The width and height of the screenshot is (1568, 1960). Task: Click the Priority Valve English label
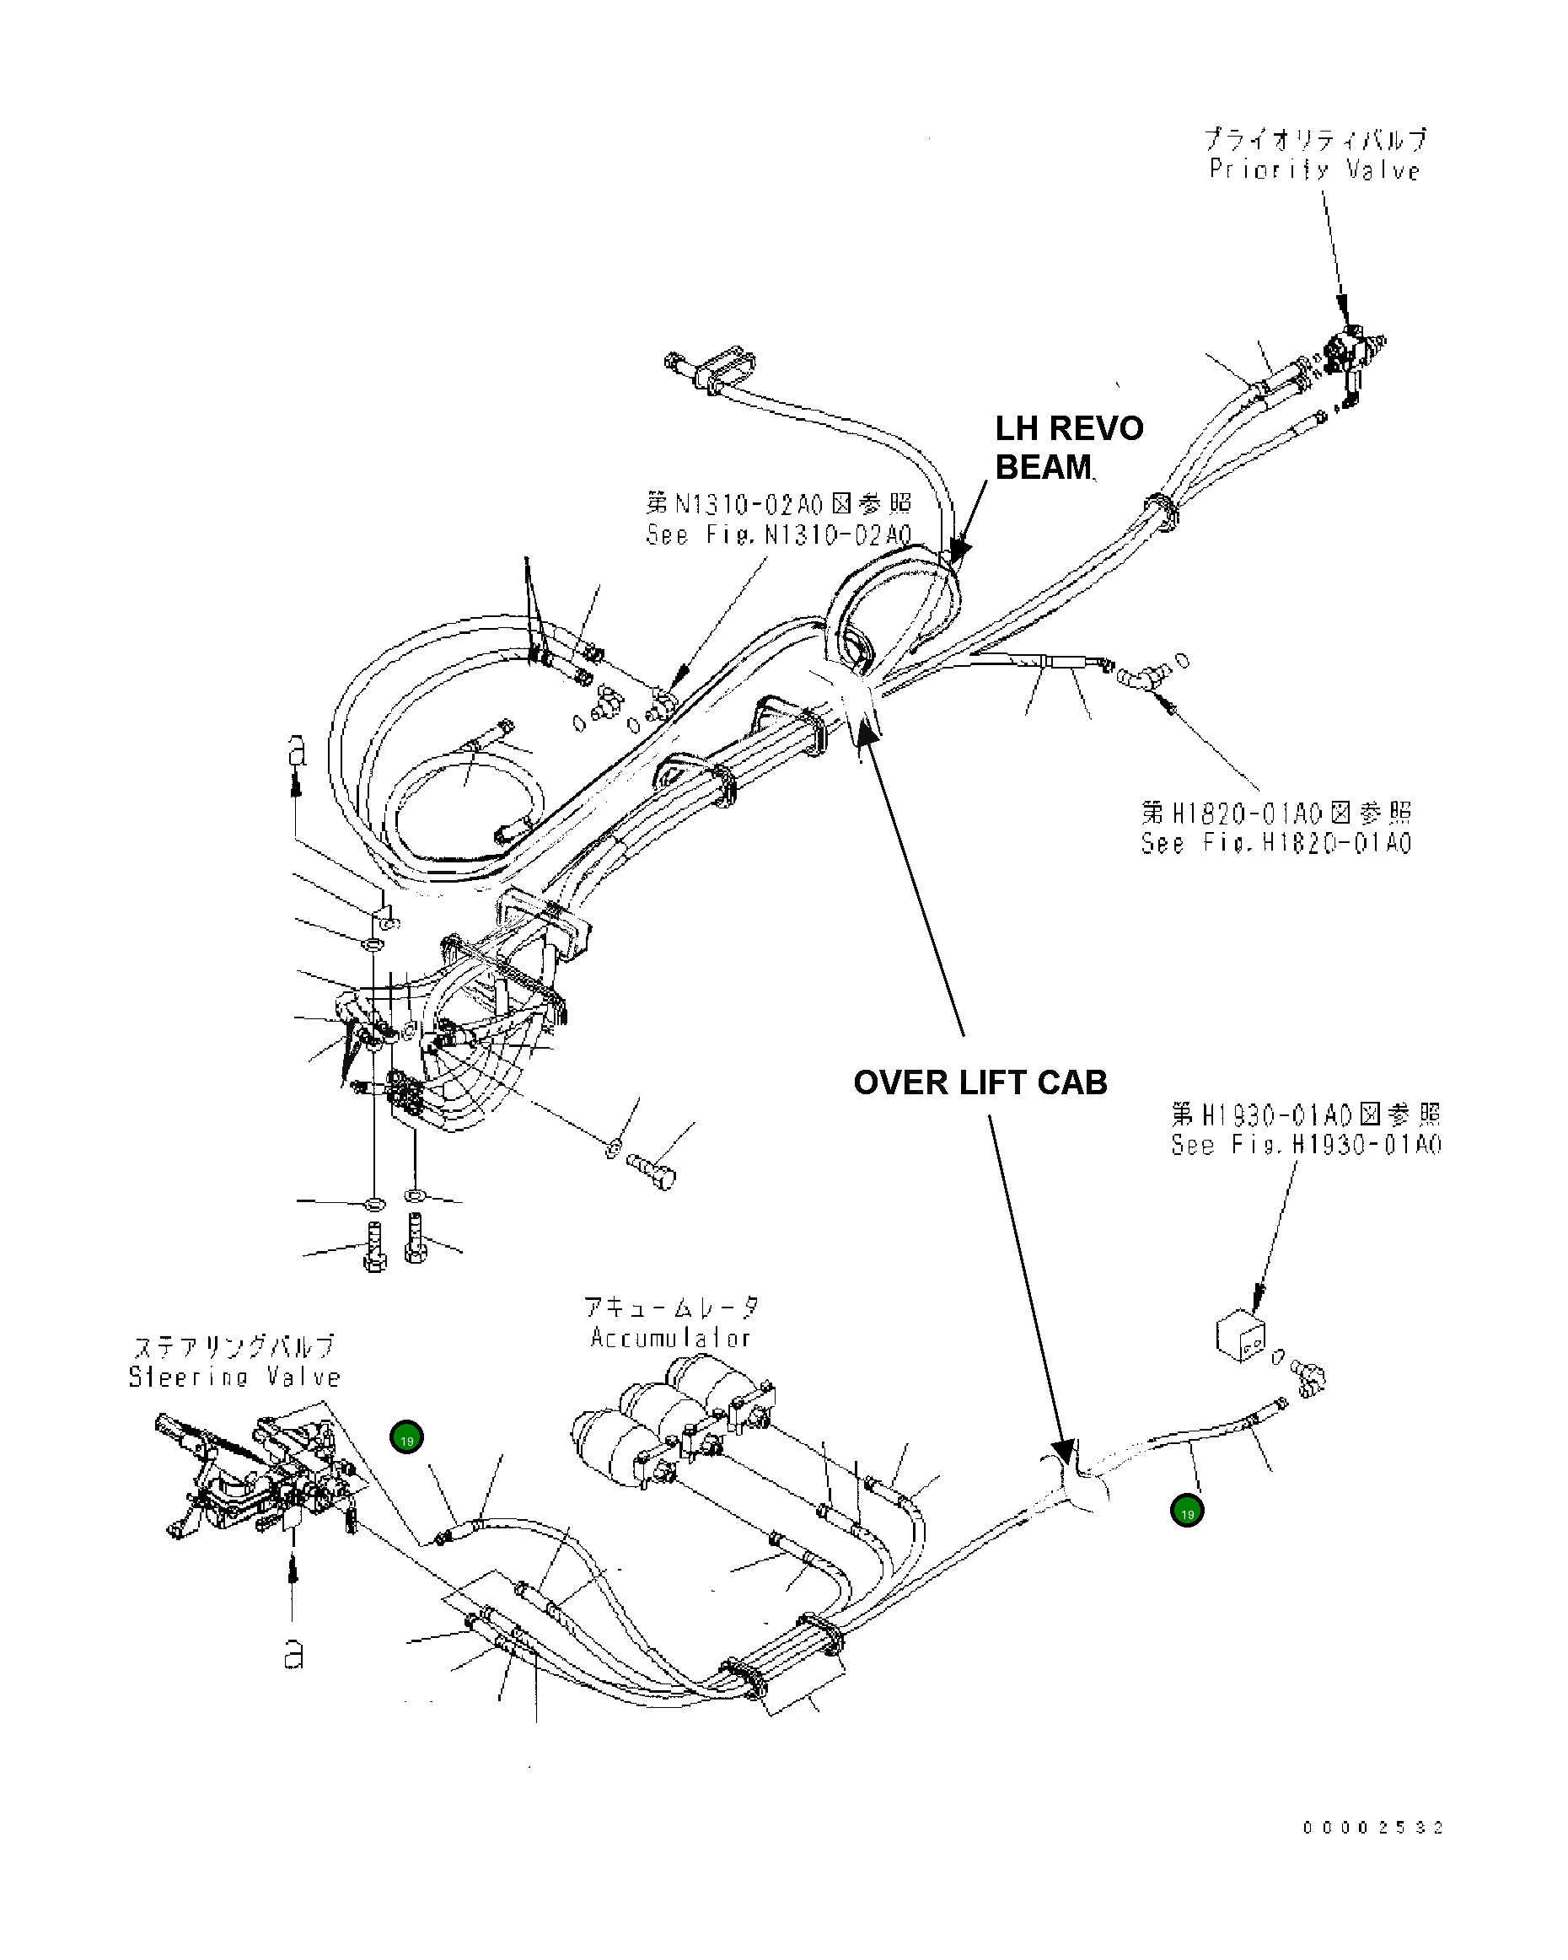coord(1313,170)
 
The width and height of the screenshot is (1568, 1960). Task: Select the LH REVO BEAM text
coord(1068,448)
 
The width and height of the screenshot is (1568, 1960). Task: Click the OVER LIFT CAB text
coord(980,1082)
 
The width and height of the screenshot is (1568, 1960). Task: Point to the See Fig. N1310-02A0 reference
coord(778,534)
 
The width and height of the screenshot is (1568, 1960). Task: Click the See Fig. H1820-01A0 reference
coord(1276,843)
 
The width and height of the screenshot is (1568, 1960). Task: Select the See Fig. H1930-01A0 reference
coord(1305,1145)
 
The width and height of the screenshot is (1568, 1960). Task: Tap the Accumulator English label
coord(670,1337)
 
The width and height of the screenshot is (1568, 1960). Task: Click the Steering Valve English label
coord(234,1377)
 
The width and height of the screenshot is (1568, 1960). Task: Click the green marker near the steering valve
coord(406,1438)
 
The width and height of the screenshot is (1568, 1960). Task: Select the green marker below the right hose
coord(1186,1512)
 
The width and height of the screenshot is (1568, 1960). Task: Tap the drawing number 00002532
coord(1372,1828)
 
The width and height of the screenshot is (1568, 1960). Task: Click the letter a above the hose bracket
coord(297,751)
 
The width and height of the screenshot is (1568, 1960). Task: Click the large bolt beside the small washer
coord(652,1170)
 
